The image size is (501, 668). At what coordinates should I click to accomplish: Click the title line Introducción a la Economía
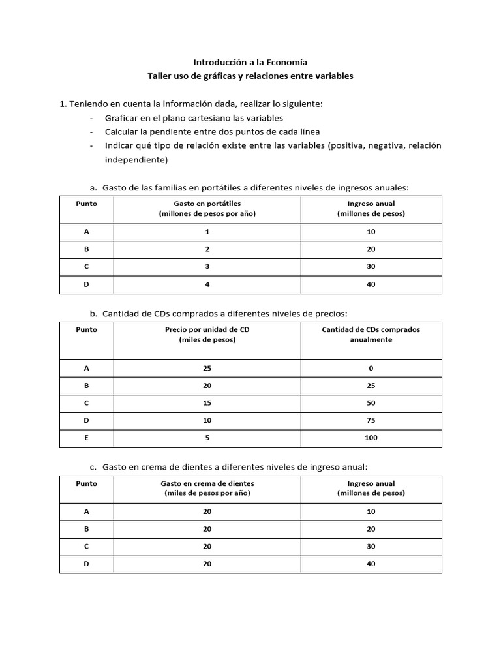(x=250, y=63)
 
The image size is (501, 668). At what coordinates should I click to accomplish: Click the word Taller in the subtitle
(x=160, y=76)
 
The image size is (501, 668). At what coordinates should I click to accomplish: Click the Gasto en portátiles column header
(x=207, y=209)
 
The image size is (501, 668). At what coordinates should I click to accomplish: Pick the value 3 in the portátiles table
(x=207, y=267)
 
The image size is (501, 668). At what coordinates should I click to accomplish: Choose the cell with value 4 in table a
(x=207, y=284)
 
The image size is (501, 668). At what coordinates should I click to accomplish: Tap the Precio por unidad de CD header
(x=207, y=335)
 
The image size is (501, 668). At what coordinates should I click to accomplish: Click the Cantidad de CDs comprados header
(x=371, y=335)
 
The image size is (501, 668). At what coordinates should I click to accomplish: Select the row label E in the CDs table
(x=86, y=438)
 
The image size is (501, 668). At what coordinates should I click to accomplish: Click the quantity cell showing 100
(x=371, y=438)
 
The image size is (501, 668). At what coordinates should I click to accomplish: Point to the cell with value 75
(x=371, y=420)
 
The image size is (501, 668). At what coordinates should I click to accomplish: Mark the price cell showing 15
(x=207, y=403)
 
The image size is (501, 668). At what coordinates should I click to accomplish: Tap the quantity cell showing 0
(x=371, y=369)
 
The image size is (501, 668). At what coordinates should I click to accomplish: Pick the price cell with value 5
(x=207, y=438)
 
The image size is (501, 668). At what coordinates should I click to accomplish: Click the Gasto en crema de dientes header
(x=207, y=489)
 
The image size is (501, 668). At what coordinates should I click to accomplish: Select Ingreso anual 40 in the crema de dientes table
(x=371, y=564)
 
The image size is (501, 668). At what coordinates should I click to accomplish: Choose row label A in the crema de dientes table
(x=86, y=512)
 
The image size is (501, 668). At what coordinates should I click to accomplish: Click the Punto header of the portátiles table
(x=86, y=204)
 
